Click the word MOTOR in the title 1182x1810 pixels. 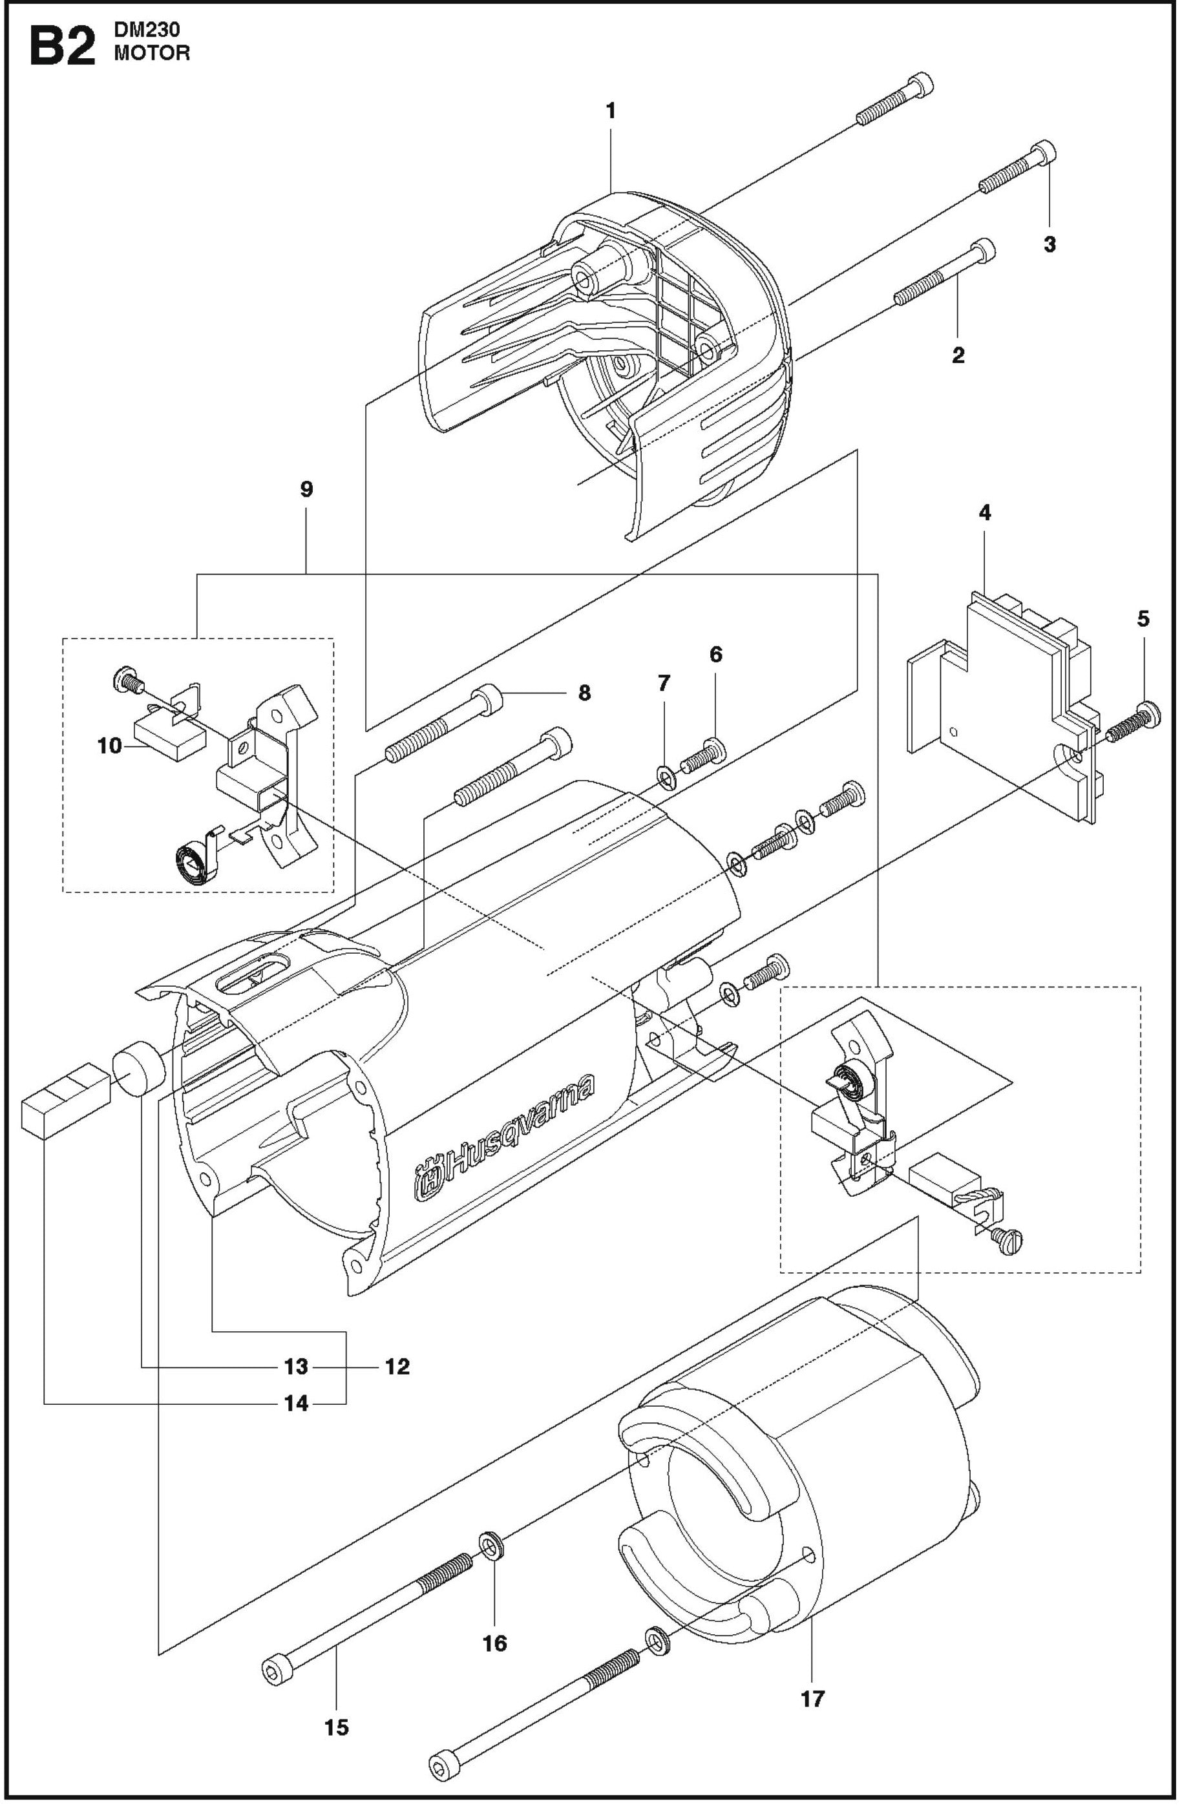coord(151,53)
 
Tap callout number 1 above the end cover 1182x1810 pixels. coord(610,111)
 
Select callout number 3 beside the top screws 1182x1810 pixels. coord(1049,244)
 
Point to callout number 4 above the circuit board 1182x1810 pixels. coord(984,512)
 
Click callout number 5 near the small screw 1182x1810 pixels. coord(1143,618)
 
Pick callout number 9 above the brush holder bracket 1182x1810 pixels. coord(306,489)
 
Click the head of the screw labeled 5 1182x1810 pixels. coord(1150,715)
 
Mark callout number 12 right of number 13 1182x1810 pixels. coord(397,1367)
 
